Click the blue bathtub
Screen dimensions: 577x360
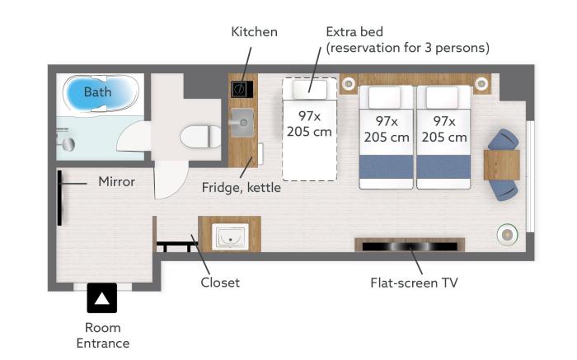[101, 93]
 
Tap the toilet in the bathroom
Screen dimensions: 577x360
[200, 137]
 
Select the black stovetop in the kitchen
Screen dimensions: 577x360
[242, 89]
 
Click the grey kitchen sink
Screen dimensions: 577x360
[242, 123]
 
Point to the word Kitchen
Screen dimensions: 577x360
[254, 31]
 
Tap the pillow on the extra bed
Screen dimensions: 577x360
[310, 89]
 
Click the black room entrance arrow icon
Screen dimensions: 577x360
[102, 298]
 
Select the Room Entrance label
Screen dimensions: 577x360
[103, 335]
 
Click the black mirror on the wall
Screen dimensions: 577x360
[59, 198]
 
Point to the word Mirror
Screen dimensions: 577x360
[117, 181]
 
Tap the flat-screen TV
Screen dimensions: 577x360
[410, 246]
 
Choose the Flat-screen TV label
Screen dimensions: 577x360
[414, 283]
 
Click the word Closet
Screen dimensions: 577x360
[220, 283]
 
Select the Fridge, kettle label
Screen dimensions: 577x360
[241, 188]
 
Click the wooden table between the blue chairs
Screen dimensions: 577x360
[501, 165]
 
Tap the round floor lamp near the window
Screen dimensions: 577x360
[507, 234]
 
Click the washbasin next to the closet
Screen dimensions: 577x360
[230, 236]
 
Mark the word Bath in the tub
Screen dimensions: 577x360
[97, 91]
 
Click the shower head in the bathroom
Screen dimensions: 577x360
[68, 144]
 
